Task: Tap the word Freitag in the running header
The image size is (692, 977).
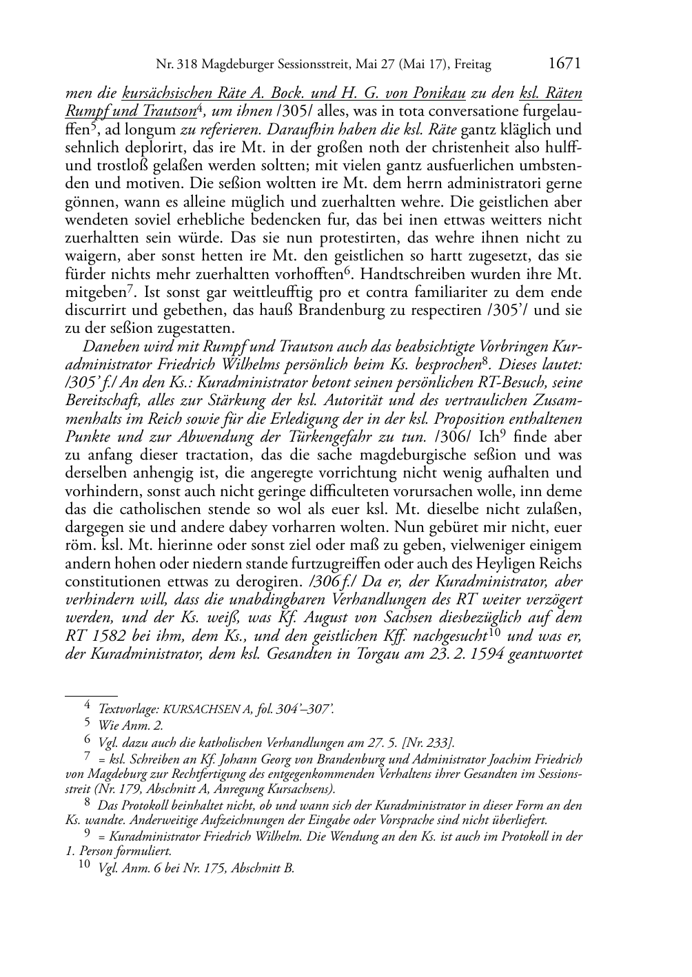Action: coord(473,65)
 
